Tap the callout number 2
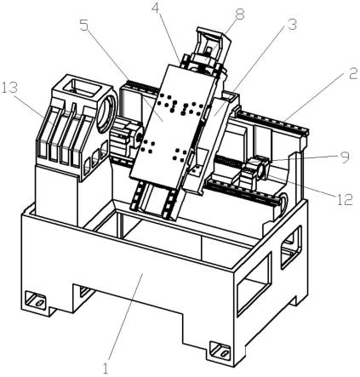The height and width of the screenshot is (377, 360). click(352, 73)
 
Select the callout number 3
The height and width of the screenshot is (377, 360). click(291, 25)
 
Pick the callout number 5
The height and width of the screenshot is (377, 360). click(84, 26)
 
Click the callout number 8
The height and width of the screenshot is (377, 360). click(240, 14)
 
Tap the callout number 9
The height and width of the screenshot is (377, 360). click(345, 157)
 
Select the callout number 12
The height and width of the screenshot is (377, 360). click(345, 199)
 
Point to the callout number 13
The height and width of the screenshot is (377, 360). click(9, 88)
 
